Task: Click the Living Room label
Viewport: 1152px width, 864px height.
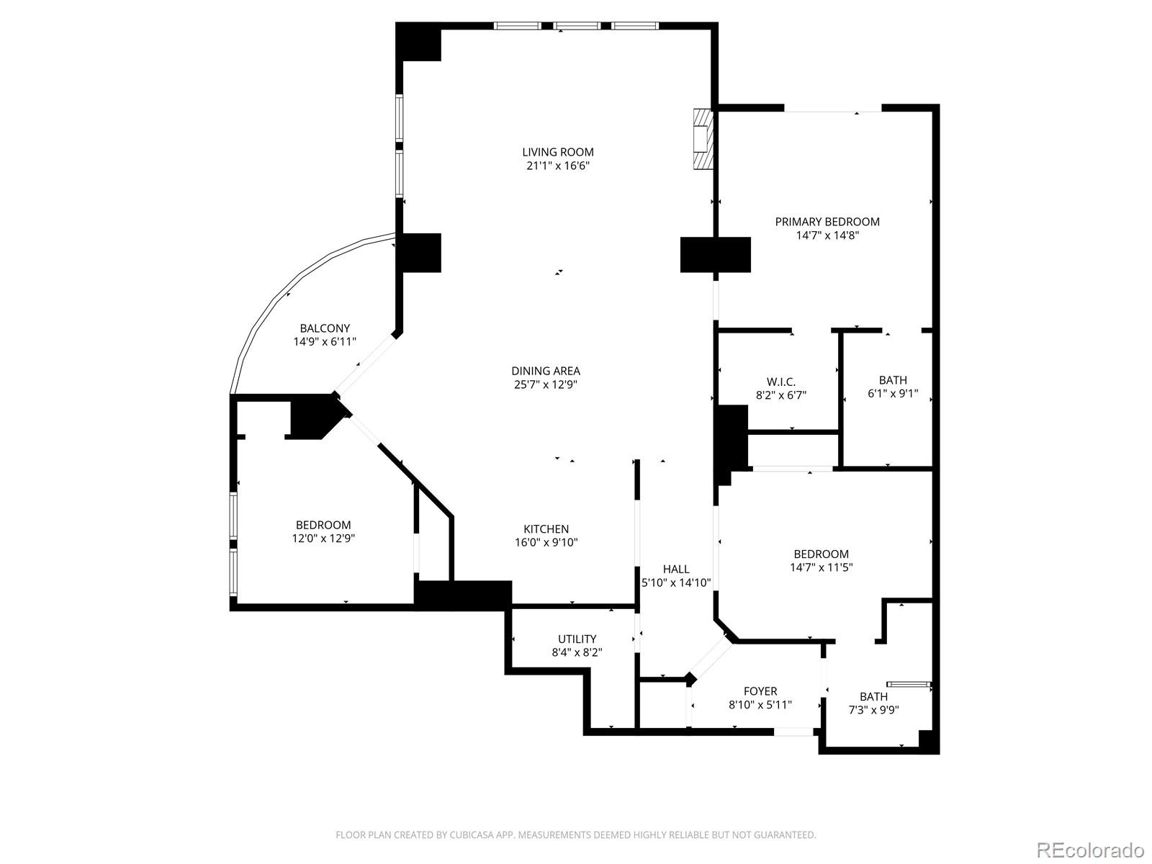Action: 558,152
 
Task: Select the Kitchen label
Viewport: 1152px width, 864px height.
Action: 546,529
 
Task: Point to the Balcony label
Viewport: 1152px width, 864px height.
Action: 325,328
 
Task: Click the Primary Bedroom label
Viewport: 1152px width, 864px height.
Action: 827,222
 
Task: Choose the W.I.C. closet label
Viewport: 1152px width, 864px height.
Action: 780,382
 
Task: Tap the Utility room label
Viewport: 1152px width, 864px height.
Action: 577,639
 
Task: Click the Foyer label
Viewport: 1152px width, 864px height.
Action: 760,691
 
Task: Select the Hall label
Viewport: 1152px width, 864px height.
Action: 676,569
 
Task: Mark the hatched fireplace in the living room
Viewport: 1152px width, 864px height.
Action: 702,140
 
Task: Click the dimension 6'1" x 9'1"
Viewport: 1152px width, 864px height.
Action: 893,394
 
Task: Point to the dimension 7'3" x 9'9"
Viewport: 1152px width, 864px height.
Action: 873,710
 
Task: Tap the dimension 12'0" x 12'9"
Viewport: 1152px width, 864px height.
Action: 323,539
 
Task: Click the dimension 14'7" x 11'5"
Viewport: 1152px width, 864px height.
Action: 821,567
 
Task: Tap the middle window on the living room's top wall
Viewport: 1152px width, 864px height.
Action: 577,26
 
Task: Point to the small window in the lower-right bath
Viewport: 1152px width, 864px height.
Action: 909,684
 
